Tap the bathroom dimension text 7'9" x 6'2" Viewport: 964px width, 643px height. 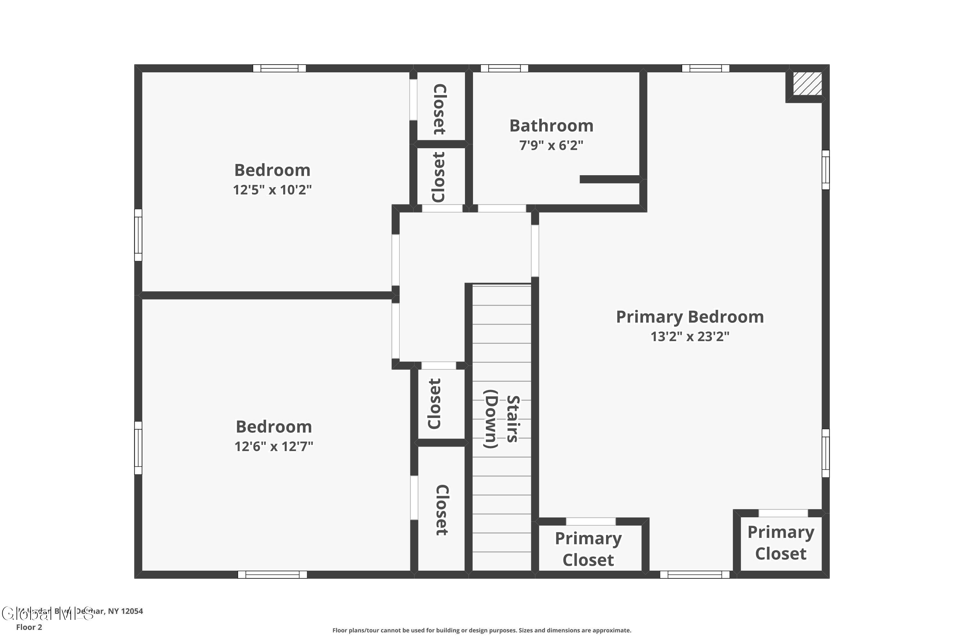click(x=551, y=146)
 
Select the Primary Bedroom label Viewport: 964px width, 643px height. click(x=690, y=317)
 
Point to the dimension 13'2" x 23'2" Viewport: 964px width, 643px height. click(x=690, y=337)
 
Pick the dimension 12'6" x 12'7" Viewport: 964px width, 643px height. click(x=274, y=446)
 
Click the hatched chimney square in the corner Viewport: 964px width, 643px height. click(x=807, y=84)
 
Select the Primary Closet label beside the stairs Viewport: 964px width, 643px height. click(x=588, y=549)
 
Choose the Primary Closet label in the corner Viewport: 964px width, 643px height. click(x=781, y=543)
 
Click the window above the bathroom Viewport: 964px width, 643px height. click(x=504, y=68)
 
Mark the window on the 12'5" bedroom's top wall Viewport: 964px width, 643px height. click(x=279, y=68)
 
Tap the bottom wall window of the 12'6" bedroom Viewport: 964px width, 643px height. click(x=272, y=575)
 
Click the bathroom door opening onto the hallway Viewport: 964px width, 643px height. click(x=502, y=208)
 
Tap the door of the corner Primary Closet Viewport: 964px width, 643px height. click(x=783, y=513)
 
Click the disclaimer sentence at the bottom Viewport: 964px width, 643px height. click(x=482, y=630)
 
